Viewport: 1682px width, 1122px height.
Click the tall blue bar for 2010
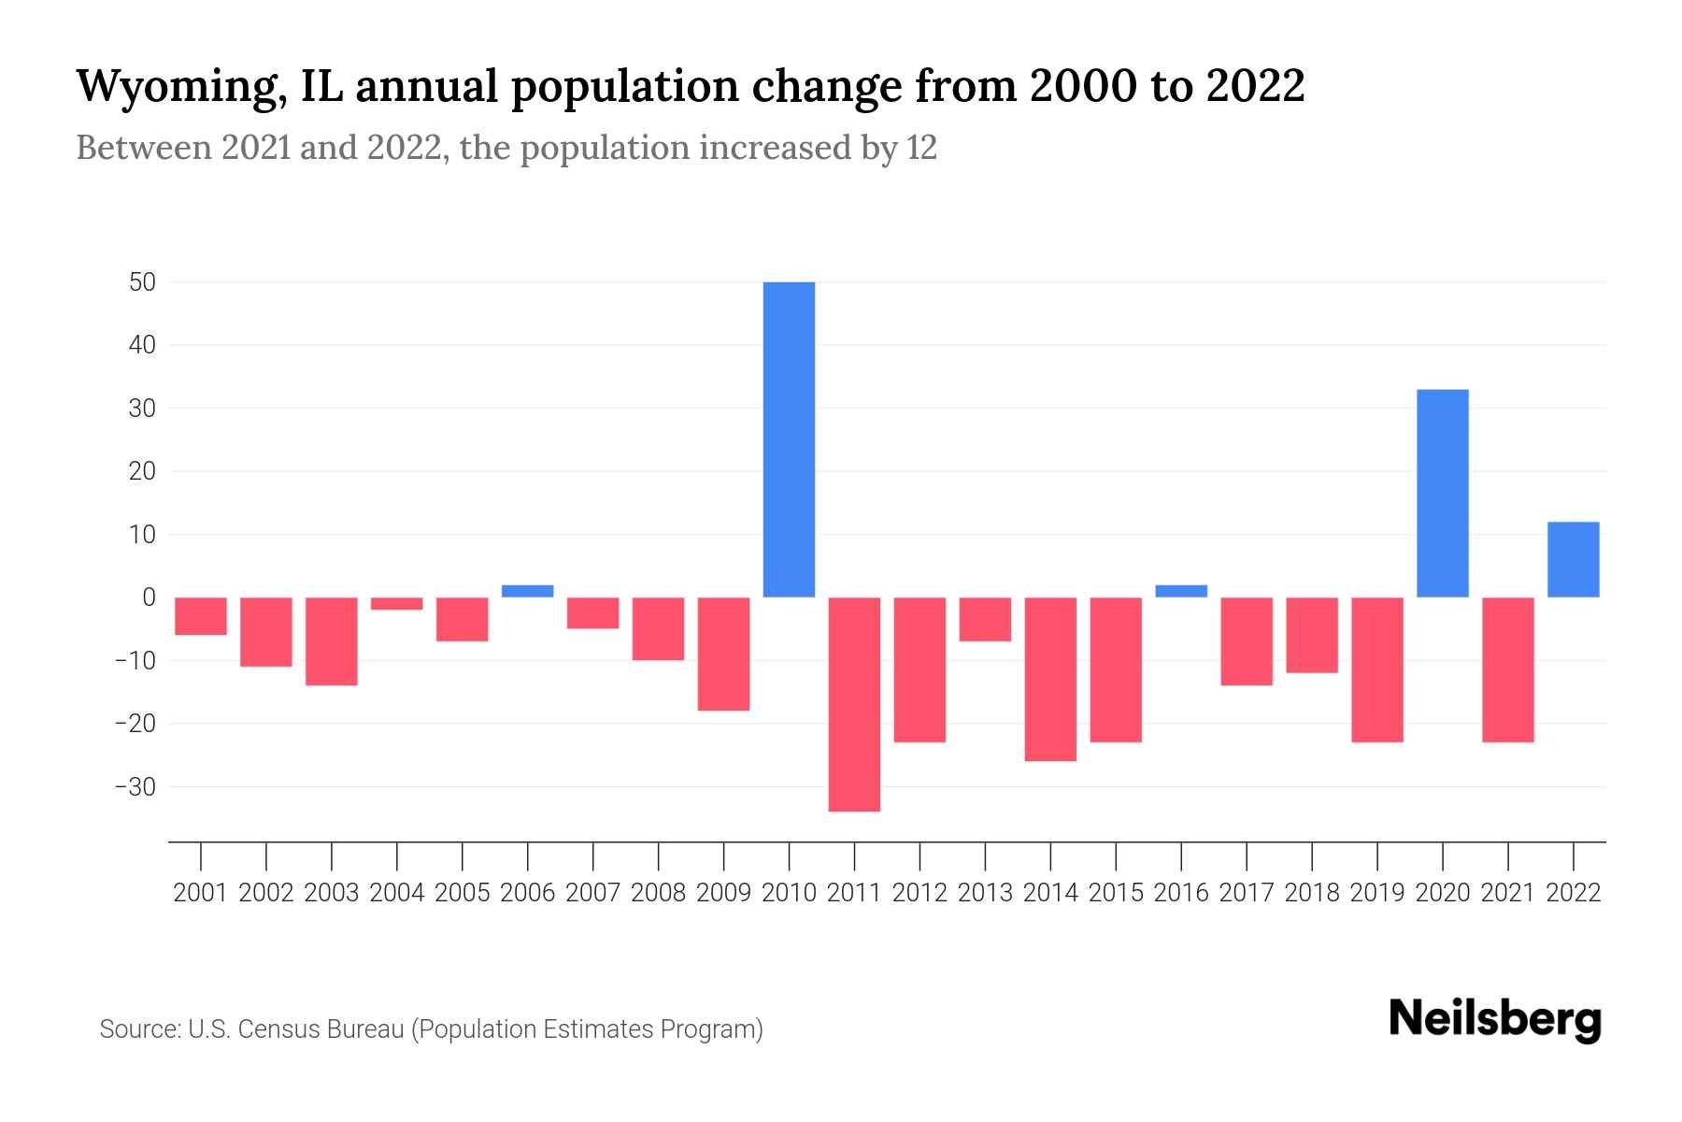[x=789, y=439]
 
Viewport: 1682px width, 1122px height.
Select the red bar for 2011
[x=854, y=704]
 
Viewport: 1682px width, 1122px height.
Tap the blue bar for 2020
[x=1442, y=493]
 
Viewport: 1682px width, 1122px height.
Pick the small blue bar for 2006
[x=528, y=591]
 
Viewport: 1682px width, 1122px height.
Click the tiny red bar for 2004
[x=397, y=604]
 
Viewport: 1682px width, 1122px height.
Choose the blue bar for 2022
[x=1573, y=559]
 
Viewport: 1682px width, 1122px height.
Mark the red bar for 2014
[x=1050, y=679]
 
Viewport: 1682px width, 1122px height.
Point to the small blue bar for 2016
[x=1181, y=591]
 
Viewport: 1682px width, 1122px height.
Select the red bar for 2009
[x=723, y=654]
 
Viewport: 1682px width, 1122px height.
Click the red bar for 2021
[x=1507, y=669]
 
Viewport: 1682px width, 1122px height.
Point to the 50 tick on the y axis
[x=142, y=282]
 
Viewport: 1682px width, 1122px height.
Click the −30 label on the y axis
[x=135, y=787]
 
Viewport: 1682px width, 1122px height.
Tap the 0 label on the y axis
[x=149, y=597]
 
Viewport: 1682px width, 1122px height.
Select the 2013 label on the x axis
[x=985, y=893]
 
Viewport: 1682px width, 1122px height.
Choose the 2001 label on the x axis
[x=201, y=893]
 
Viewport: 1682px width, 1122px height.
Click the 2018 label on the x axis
[x=1311, y=893]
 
